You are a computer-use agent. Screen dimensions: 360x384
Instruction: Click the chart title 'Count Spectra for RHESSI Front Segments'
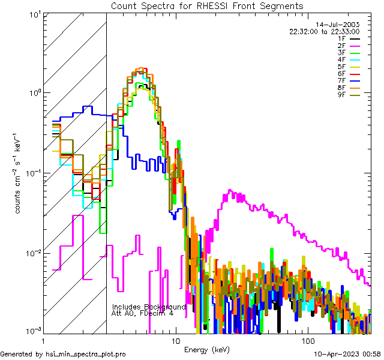click(207, 5)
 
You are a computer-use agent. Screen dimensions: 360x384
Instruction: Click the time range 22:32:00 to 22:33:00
click(324, 31)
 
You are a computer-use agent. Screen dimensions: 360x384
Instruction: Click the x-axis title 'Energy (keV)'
click(206, 349)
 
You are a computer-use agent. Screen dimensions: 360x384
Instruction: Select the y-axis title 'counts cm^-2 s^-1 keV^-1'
click(19, 172)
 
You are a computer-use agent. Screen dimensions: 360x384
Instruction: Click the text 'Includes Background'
click(149, 307)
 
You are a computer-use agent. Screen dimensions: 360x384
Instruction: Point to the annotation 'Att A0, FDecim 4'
click(143, 313)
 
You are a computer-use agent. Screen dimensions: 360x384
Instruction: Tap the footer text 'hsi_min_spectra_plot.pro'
click(86, 354)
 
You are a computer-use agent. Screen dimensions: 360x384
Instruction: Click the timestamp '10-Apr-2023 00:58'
click(344, 354)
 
